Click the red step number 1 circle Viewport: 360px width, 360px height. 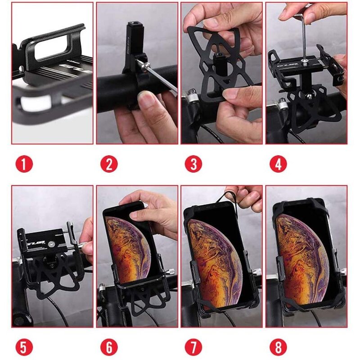(x=24, y=164)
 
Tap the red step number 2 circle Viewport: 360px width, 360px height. (x=109, y=164)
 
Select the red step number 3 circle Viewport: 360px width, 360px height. (x=193, y=164)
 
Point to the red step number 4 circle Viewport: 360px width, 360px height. (x=278, y=164)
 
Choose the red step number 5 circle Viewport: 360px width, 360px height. (x=24, y=347)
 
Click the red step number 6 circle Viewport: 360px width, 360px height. (x=109, y=347)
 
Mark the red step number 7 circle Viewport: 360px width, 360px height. (x=193, y=347)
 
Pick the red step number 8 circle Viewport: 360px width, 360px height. (x=278, y=347)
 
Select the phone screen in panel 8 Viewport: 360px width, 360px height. (x=301, y=256)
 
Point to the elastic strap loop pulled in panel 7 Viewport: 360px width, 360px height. (x=227, y=198)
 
